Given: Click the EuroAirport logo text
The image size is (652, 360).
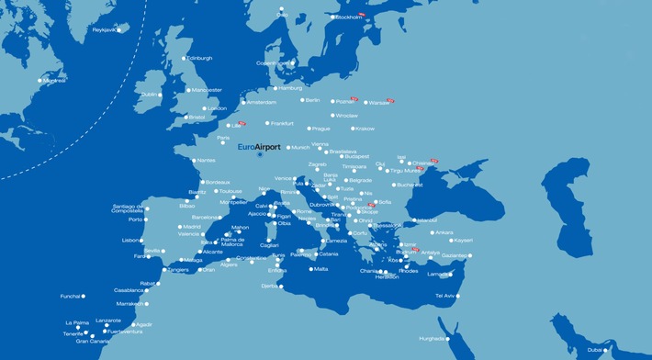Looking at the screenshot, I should coord(259,147).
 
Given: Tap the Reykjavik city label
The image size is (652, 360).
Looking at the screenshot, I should coord(106,29).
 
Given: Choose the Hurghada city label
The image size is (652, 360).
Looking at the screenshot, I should coord(433,338).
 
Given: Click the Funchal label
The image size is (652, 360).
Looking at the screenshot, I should coord(71,297).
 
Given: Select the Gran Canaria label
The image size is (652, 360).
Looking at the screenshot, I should coord(93,342).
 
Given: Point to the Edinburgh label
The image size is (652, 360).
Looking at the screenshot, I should coord(199,58).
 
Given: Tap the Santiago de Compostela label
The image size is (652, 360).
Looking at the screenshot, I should coord(128,208).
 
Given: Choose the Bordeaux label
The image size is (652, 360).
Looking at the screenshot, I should coord(217,182).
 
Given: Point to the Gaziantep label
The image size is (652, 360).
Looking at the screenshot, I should coord(455,255).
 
